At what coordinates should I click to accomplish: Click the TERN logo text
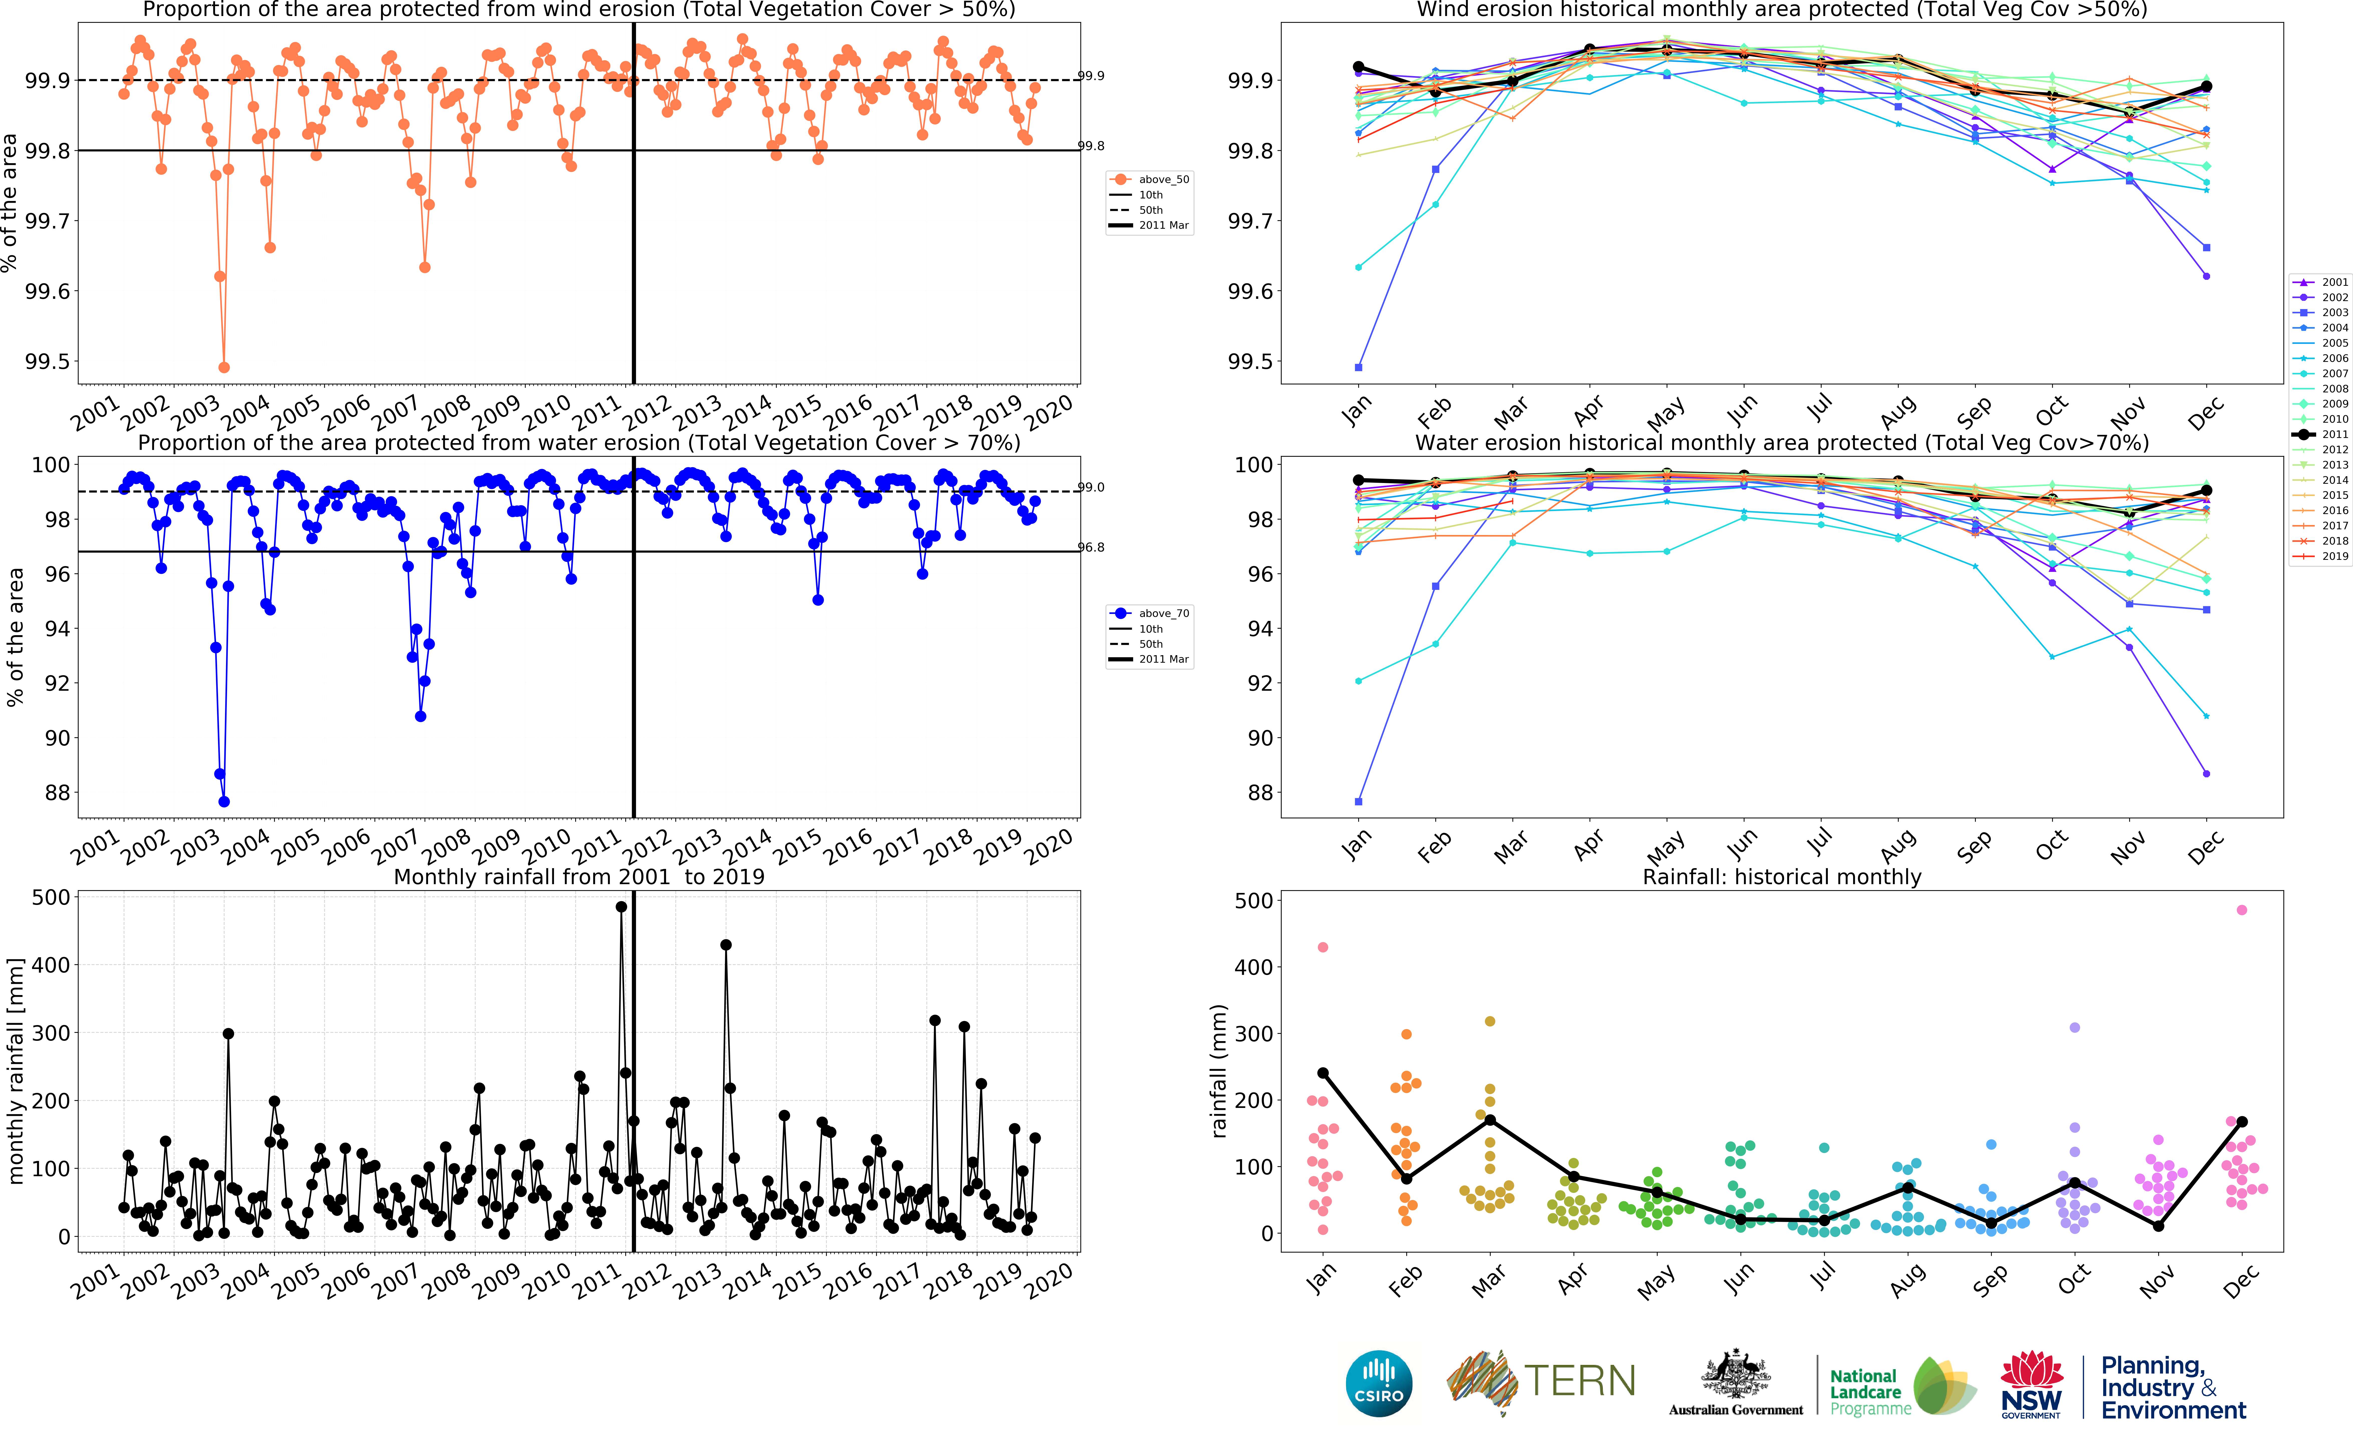1579,1381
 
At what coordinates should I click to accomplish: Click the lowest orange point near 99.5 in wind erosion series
224,367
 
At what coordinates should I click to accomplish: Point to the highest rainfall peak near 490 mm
621,907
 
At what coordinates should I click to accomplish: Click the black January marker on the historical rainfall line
1323,1073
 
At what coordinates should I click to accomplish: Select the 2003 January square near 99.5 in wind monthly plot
1358,367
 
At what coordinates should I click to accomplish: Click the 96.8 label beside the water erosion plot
1091,548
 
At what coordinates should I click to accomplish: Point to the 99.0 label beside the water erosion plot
1091,488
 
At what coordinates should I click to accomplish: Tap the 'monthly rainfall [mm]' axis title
15,1070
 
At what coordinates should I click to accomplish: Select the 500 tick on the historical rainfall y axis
1253,900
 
